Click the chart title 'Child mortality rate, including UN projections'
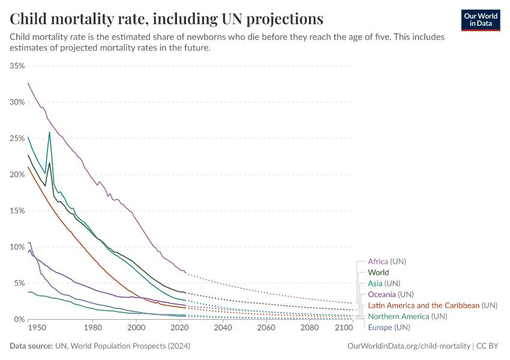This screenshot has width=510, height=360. pos(167,18)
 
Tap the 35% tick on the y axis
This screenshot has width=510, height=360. pos(17,65)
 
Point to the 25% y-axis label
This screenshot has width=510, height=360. pos(17,138)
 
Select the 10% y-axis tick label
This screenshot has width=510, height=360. pos(17,247)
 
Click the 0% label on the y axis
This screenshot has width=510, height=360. pos(19,319)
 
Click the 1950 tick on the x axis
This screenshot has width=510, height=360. pos(37,329)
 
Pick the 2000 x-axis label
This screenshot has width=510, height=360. pos(136,329)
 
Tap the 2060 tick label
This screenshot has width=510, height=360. pos(266,329)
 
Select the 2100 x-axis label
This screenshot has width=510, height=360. pos(344,329)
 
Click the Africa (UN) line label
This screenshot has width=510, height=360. pos(388,262)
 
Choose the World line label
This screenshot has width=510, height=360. pos(378,272)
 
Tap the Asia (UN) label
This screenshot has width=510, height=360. pos(383,283)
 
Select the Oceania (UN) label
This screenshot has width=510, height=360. pos(391,294)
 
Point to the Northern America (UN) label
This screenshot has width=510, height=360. pos(407,316)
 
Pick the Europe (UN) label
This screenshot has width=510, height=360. pos(389,327)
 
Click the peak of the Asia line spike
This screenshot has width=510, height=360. pos(49,132)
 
